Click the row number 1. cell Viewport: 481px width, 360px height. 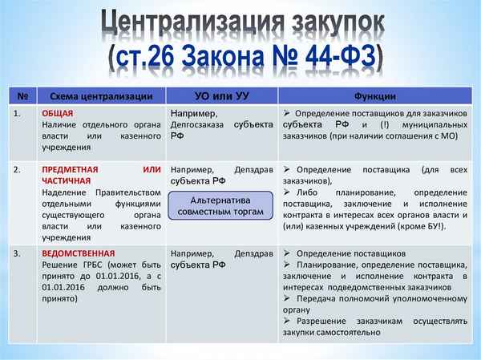coord(19,114)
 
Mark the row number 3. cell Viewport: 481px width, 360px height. coord(19,253)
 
